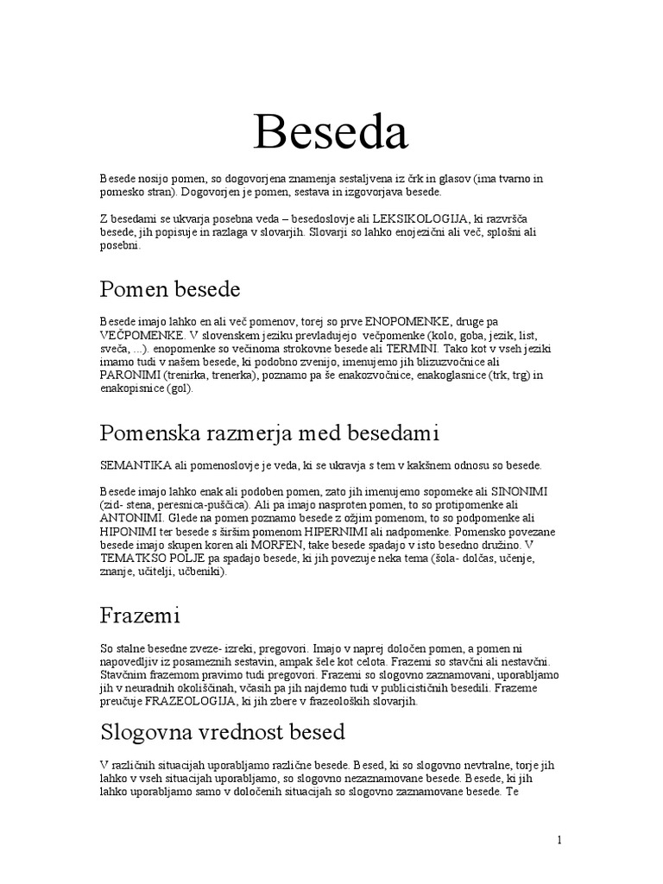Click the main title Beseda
[x=331, y=133]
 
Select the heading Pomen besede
[x=170, y=288]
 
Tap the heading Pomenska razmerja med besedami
[x=270, y=431]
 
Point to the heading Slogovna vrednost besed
[x=223, y=732]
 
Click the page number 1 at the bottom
[x=559, y=840]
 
